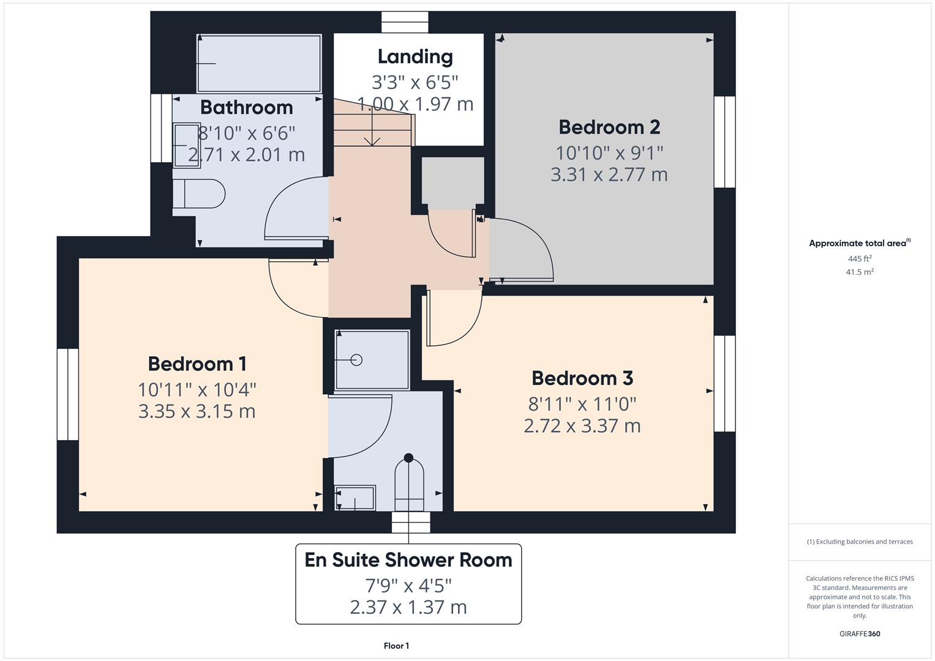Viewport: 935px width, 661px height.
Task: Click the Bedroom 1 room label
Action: pos(197,364)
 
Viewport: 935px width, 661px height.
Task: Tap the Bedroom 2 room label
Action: pos(609,127)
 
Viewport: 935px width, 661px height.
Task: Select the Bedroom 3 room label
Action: pos(582,378)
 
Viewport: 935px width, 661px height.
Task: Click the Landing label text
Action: pos(415,56)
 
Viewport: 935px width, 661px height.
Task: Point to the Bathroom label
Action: pos(246,107)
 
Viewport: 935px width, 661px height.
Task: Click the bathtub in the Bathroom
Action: pos(258,63)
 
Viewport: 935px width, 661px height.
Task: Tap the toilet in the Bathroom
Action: pos(198,194)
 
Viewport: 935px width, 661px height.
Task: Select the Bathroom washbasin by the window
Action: pos(186,145)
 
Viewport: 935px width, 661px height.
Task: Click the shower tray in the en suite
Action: pos(372,360)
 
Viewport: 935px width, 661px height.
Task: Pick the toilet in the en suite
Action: pos(408,484)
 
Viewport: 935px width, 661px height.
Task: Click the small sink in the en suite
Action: pos(355,498)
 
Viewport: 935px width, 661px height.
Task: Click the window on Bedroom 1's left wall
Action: pos(68,394)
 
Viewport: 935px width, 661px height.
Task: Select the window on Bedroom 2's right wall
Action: pos(724,141)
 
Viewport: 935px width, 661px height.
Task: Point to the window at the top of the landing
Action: pos(405,22)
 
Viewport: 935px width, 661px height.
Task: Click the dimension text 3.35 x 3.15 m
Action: pos(197,411)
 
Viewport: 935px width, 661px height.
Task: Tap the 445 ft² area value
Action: pos(859,259)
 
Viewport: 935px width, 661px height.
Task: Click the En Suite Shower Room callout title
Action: pos(408,560)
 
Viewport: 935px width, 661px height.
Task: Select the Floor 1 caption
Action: pos(396,646)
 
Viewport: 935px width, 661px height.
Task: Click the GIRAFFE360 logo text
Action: pos(859,633)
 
